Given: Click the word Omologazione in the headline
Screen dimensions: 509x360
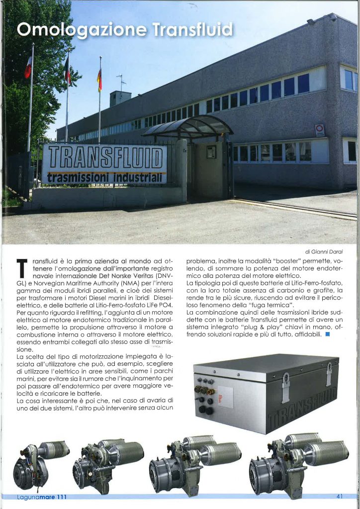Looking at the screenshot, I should [x=82, y=30].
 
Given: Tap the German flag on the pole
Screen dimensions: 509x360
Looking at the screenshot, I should [x=99, y=80].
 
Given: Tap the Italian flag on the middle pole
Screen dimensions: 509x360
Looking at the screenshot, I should [x=67, y=70].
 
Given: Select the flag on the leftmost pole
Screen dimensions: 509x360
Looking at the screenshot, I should [x=28, y=67].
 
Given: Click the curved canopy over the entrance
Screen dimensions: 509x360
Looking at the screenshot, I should [x=188, y=127].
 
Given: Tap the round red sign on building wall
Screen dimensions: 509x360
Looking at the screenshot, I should [x=320, y=129].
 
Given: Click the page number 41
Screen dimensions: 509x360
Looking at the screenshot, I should [x=340, y=496].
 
